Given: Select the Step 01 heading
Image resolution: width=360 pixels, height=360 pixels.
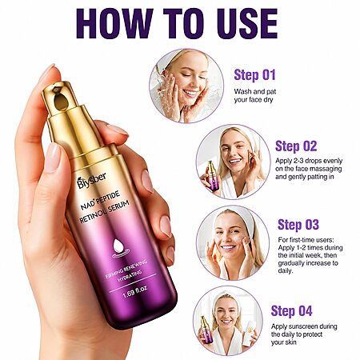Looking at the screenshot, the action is (x=254, y=75).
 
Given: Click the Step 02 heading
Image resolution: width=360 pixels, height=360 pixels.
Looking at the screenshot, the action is (x=296, y=146).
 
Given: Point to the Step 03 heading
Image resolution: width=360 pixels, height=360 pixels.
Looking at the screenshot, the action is (x=298, y=225).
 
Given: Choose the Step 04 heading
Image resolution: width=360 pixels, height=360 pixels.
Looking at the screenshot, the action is (x=291, y=311).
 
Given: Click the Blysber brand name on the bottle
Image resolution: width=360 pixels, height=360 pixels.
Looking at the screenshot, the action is (x=91, y=180).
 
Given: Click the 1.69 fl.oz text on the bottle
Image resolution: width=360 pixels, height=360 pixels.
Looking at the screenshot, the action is (x=134, y=293).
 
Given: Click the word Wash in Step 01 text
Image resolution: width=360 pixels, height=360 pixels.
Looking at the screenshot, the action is (x=242, y=92).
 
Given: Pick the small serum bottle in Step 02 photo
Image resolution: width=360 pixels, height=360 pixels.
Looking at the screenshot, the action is (x=212, y=174).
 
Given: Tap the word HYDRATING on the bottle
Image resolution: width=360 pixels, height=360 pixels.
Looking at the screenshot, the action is (x=130, y=276).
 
